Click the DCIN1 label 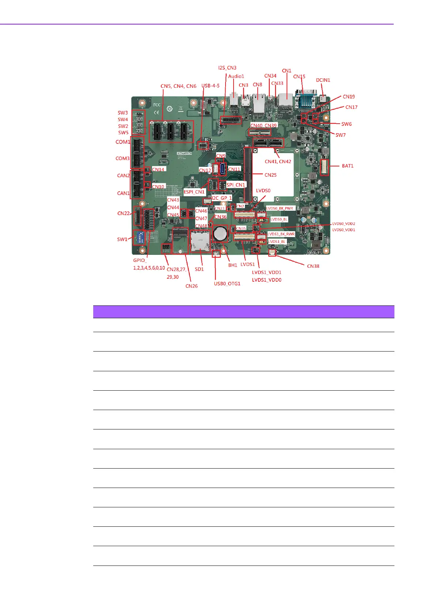click(x=323, y=80)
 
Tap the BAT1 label click(x=348, y=166)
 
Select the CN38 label click(x=313, y=266)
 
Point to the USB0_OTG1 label click(x=227, y=283)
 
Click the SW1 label click(x=122, y=239)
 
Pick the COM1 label click(x=123, y=142)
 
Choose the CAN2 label click(x=123, y=176)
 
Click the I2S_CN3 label click(x=227, y=68)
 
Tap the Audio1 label click(x=236, y=76)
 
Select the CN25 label click(x=271, y=175)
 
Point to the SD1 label click(x=199, y=269)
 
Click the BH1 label click(x=232, y=265)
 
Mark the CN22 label click(x=123, y=213)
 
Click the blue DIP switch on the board click(x=140, y=238)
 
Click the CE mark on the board click(x=156, y=113)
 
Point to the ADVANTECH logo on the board click(x=184, y=153)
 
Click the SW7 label click(x=340, y=135)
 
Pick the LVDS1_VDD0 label click(x=266, y=280)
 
